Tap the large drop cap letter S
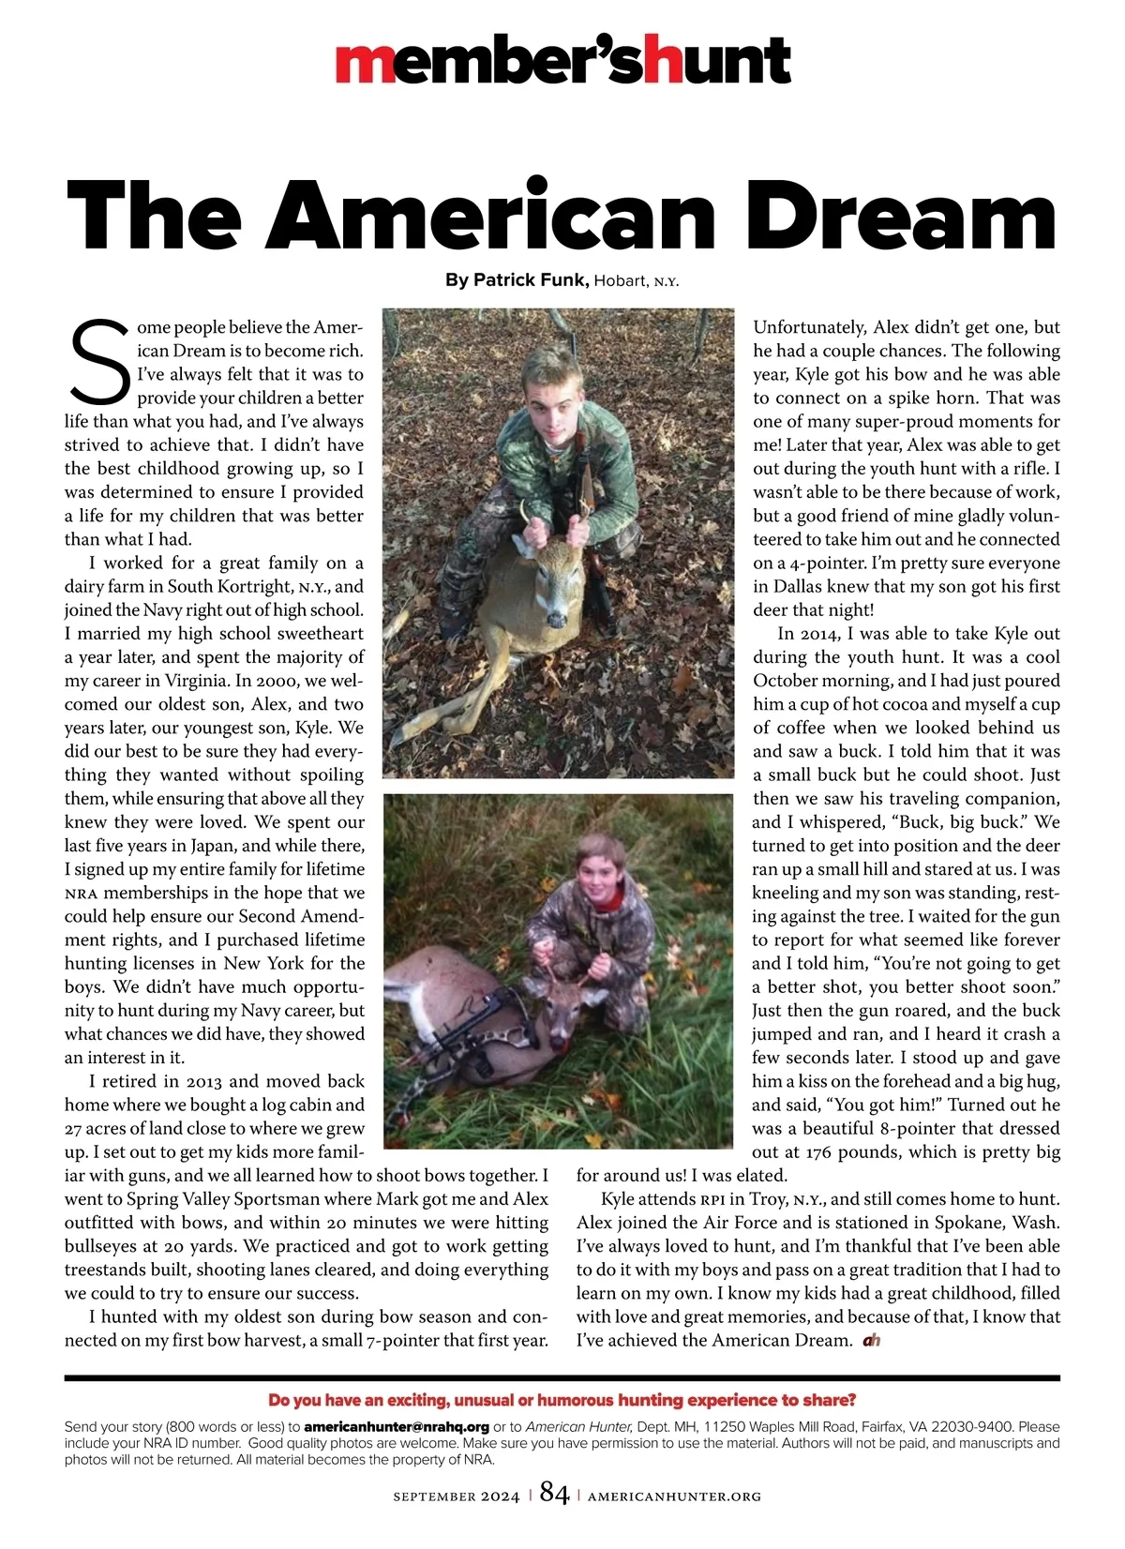[x=98, y=360]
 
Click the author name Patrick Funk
[x=531, y=279]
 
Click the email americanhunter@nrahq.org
[x=397, y=1426]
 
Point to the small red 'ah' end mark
[x=871, y=1341]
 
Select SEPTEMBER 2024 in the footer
[x=456, y=1496]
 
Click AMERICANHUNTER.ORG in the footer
[x=674, y=1496]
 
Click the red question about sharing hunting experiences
[x=562, y=1400]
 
